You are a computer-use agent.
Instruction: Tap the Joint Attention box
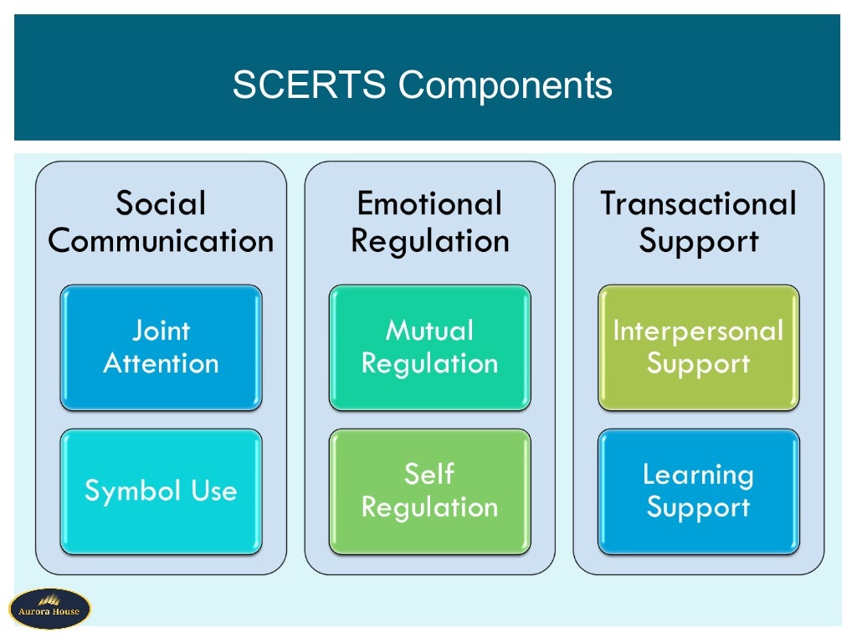pyautogui.click(x=161, y=347)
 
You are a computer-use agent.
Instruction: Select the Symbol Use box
pyautogui.click(x=161, y=491)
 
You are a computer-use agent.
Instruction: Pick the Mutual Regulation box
pyautogui.click(x=429, y=347)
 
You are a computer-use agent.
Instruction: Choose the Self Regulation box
pyautogui.click(x=429, y=491)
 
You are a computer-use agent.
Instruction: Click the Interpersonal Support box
pyautogui.click(x=698, y=347)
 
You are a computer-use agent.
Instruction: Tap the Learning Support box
pyautogui.click(x=698, y=491)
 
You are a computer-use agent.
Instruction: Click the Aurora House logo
pyautogui.click(x=49, y=609)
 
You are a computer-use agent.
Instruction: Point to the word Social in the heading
pyautogui.click(x=161, y=203)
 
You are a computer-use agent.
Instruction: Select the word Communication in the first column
pyautogui.click(x=161, y=241)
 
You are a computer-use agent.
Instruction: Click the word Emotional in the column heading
pyautogui.click(x=429, y=203)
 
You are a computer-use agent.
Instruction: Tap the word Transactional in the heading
pyautogui.click(x=698, y=203)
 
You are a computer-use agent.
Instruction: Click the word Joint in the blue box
pyautogui.click(x=161, y=331)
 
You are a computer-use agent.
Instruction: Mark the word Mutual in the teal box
pyautogui.click(x=429, y=331)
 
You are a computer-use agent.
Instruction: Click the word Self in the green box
pyautogui.click(x=429, y=474)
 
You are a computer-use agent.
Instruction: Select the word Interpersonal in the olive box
pyautogui.click(x=698, y=331)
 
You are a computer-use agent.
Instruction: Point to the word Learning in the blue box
pyautogui.click(x=698, y=475)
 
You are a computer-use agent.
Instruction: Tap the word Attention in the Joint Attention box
pyautogui.click(x=161, y=363)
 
